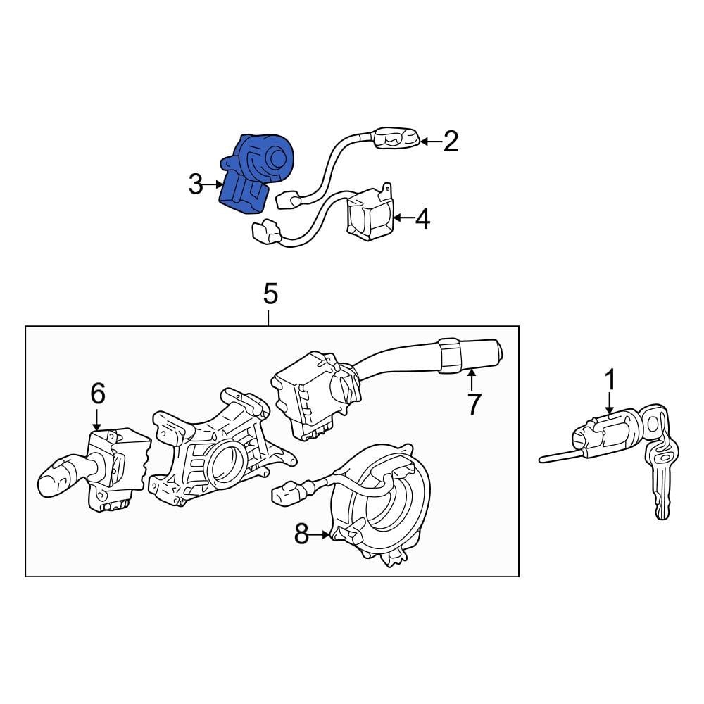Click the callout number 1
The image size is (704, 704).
[610, 381]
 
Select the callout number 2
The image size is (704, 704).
[451, 142]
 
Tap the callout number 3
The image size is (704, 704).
[196, 186]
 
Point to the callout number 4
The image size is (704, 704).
[422, 219]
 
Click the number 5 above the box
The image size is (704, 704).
[270, 294]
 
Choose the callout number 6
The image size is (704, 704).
[97, 394]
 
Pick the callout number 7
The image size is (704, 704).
[474, 404]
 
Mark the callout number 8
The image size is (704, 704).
[301, 535]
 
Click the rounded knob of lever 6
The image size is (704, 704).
[56, 478]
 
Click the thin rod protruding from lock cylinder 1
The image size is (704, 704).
[556, 456]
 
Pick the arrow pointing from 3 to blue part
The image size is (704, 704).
[213, 186]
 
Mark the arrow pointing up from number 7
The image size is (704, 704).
[471, 380]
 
